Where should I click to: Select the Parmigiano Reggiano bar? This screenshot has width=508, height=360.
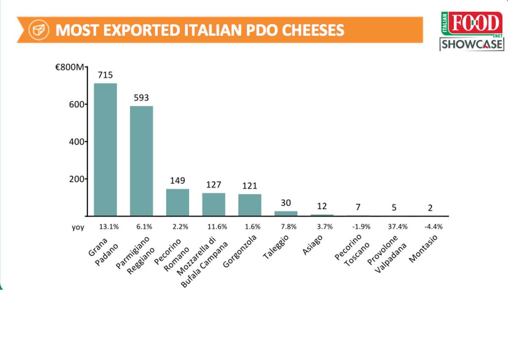click(x=141, y=161)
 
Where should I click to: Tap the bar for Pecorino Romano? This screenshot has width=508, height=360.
click(x=177, y=202)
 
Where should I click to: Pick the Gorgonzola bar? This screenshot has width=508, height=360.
click(x=250, y=205)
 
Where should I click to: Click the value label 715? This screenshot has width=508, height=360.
click(x=105, y=75)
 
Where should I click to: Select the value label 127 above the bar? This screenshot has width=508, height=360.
click(x=214, y=185)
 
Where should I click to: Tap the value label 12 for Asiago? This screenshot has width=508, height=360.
click(x=322, y=206)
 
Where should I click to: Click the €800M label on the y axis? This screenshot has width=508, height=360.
click(x=70, y=67)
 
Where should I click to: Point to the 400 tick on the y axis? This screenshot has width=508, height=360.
click(x=77, y=141)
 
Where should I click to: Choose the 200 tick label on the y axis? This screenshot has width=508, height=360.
click(x=77, y=179)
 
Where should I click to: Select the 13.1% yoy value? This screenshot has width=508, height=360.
click(x=109, y=227)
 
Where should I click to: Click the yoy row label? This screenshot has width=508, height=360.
click(x=78, y=227)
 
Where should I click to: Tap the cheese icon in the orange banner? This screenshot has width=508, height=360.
click(x=37, y=30)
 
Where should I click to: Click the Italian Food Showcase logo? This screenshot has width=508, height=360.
click(x=472, y=31)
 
